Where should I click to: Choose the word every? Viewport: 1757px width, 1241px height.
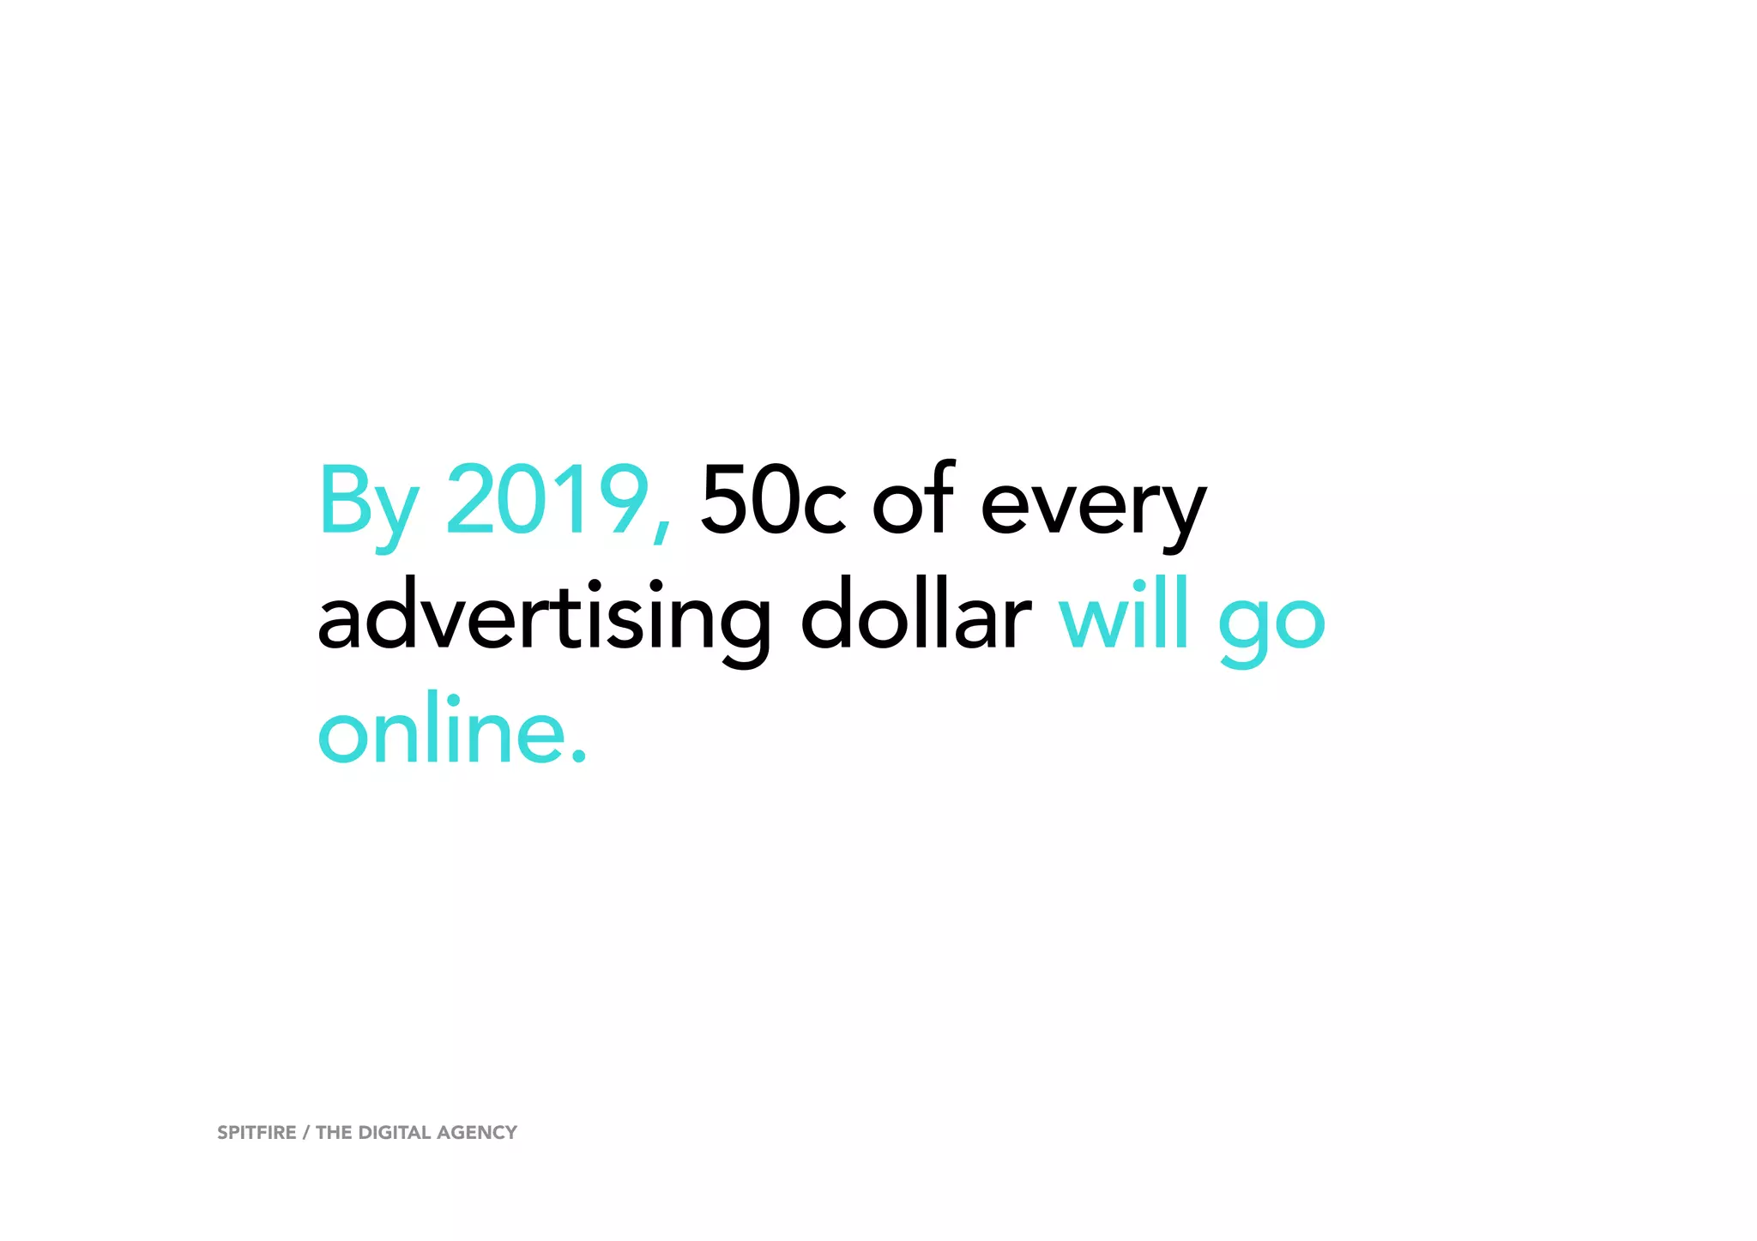pyautogui.click(x=1094, y=506)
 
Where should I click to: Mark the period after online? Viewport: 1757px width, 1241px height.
pyautogui.click(x=579, y=756)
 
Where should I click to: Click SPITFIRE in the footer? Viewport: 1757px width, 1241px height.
pyautogui.click(x=257, y=1133)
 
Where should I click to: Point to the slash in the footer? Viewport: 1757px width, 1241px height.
pyautogui.click(x=306, y=1133)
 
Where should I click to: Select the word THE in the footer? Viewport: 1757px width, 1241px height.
pyautogui.click(x=334, y=1133)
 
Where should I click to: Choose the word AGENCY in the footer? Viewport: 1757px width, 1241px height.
pyautogui.click(x=477, y=1133)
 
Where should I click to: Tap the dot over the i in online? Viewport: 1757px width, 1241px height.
pyautogui.click(x=455, y=699)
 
